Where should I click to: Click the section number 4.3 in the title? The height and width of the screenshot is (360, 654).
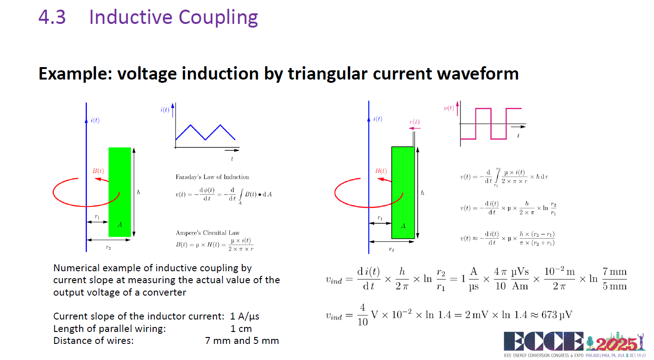pos(52,17)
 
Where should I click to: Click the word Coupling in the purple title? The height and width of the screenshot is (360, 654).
pos(218,18)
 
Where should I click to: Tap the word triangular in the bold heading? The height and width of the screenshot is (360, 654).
pos(328,74)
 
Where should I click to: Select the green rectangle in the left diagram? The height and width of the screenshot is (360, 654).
pos(119,192)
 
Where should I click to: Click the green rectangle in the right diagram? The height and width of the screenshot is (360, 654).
pos(403,193)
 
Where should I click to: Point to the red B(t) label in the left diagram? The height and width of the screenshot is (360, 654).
pos(98,171)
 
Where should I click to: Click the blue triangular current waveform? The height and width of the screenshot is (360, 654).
pos(205,132)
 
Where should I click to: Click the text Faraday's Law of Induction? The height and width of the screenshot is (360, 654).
pos(212,177)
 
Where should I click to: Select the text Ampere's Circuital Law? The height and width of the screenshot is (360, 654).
pos(208,233)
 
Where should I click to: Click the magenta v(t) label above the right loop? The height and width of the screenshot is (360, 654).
pos(414,122)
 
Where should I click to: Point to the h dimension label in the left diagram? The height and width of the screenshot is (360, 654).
pos(138,192)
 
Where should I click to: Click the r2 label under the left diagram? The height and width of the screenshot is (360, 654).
pos(108,248)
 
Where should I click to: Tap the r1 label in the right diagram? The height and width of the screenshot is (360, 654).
pos(380,218)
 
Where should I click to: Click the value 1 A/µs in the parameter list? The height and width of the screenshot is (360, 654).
pos(245,316)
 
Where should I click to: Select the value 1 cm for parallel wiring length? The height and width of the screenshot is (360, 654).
pos(241,329)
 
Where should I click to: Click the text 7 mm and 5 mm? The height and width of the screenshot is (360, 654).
pos(242,341)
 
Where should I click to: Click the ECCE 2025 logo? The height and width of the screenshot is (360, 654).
pos(574,344)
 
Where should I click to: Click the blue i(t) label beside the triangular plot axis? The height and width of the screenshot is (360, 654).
pos(165,110)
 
